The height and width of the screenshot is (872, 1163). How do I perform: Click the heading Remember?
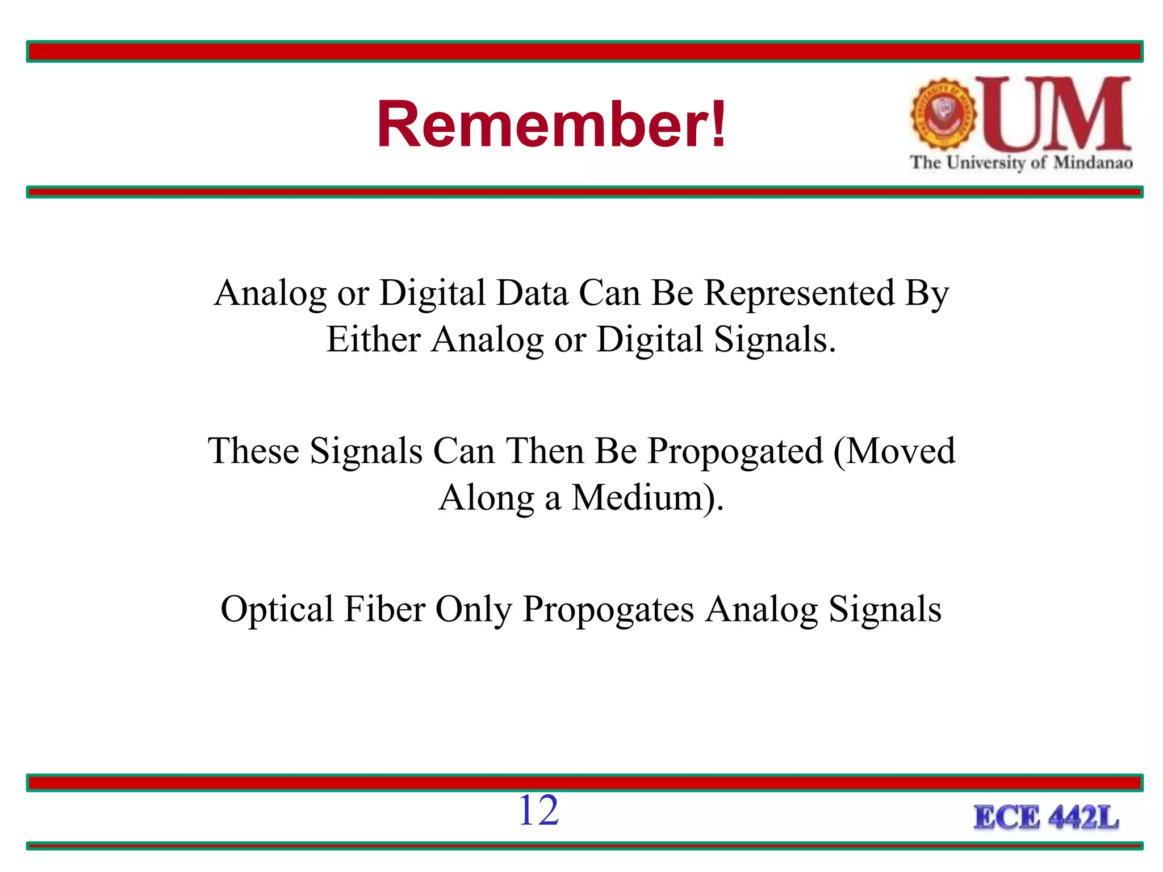(551, 124)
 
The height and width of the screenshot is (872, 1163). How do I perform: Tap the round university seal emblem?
(943, 114)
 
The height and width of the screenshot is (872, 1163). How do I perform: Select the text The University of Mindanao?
(1021, 163)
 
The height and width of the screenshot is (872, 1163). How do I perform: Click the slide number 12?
(538, 810)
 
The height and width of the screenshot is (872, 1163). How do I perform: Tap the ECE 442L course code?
(1046, 818)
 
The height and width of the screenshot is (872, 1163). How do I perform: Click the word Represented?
(799, 294)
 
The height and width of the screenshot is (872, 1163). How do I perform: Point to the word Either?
(373, 340)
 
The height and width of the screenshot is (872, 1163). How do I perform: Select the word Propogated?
(735, 451)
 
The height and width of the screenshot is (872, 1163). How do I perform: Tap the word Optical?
(277, 609)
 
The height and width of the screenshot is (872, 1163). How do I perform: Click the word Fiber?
(384, 609)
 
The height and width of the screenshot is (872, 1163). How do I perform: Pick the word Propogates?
(608, 609)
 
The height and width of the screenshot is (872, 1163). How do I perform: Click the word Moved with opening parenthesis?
(895, 451)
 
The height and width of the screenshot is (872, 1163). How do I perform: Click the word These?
(253, 451)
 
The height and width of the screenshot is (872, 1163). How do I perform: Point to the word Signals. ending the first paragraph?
(775, 340)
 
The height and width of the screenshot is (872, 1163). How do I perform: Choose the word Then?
(545, 451)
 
